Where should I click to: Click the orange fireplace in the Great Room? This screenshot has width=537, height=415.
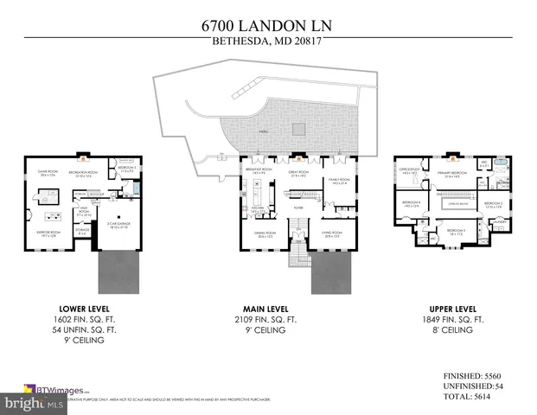pos(296,157)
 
